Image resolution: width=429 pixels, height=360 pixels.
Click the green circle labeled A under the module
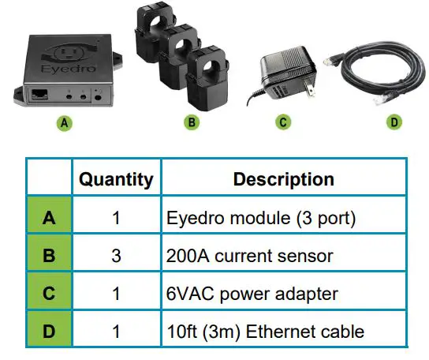click(65, 124)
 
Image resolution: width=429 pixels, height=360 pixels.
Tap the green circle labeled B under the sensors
click(190, 123)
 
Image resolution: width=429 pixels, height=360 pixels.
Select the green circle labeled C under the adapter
click(283, 122)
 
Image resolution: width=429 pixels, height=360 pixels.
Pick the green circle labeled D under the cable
click(394, 122)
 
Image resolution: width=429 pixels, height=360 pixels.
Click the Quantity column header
click(116, 180)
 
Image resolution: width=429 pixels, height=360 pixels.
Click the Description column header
click(284, 180)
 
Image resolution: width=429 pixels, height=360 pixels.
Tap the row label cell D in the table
click(49, 330)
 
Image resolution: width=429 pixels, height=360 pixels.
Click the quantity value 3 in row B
click(116, 255)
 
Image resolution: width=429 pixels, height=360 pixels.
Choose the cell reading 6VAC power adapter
click(252, 293)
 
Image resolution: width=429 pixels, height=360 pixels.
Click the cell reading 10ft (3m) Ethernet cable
click(265, 330)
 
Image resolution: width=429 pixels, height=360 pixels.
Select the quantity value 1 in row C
click(116, 293)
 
